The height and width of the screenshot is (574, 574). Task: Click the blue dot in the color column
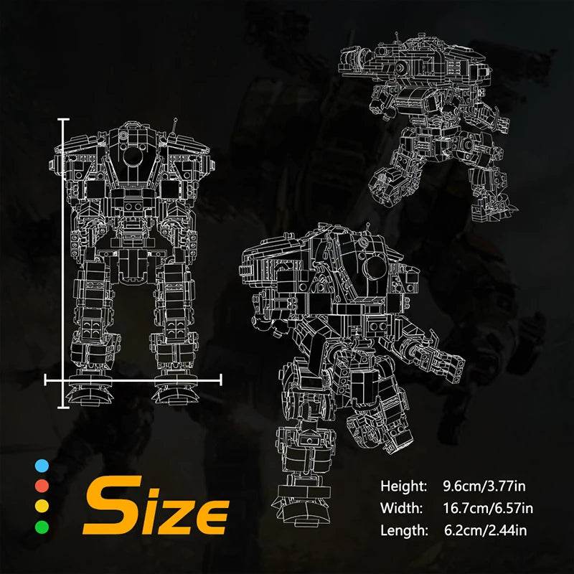pos(42,466)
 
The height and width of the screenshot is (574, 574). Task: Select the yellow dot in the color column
pos(42,507)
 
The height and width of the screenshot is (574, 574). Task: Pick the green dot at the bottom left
pos(42,527)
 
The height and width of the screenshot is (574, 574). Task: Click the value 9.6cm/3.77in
pos(488,486)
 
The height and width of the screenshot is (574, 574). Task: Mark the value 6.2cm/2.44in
pos(488,531)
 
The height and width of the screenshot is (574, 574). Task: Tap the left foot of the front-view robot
pos(90,392)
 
